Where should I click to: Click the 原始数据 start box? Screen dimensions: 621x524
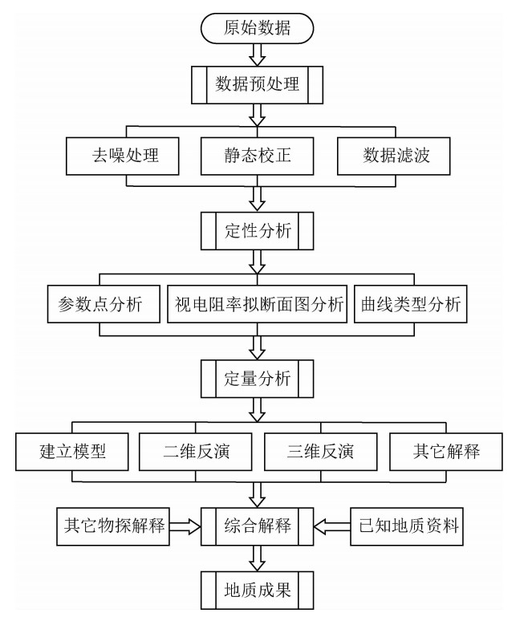pos(258,28)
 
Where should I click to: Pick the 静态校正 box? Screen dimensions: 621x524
pos(258,156)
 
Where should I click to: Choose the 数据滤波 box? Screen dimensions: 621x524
pos(393,156)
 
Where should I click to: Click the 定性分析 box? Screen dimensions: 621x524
pos(258,233)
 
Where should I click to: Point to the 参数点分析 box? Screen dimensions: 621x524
pos(95,306)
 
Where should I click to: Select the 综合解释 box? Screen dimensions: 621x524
pos(258,527)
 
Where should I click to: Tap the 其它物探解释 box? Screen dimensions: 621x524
pos(114,527)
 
